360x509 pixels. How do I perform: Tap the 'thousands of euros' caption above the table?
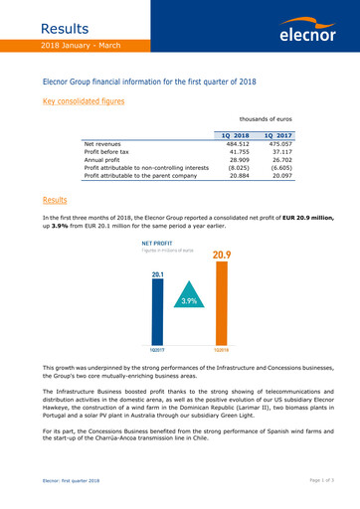point(285,117)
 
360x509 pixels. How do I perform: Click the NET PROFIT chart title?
point(159,243)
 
